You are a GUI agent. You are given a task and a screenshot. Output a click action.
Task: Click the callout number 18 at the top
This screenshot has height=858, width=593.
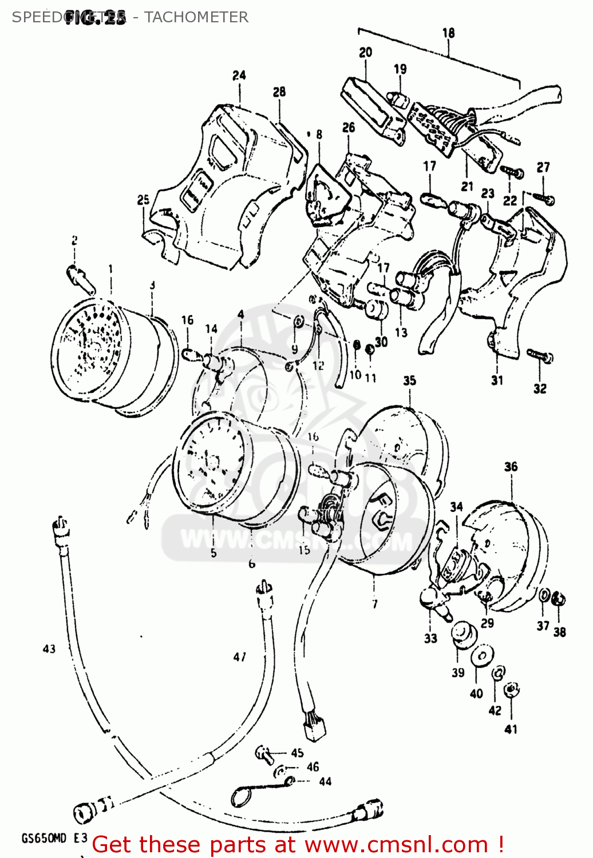click(x=448, y=33)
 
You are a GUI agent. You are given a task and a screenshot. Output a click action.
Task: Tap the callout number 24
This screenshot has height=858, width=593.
click(x=239, y=76)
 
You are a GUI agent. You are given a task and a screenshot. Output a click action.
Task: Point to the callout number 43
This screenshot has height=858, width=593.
click(x=49, y=649)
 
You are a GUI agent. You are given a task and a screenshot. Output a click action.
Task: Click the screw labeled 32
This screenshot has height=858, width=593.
click(x=539, y=356)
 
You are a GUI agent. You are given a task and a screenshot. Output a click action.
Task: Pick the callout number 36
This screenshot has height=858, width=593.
click(x=511, y=467)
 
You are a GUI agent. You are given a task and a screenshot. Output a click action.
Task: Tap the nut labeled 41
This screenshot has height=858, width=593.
click(x=513, y=690)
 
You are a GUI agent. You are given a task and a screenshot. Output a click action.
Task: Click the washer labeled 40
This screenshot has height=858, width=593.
click(x=483, y=656)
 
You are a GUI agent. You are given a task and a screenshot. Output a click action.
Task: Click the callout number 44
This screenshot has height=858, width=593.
click(x=325, y=781)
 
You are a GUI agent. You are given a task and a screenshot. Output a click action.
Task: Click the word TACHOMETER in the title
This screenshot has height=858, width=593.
click(x=196, y=17)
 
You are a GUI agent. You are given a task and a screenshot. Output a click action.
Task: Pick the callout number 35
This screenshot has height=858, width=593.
click(x=409, y=381)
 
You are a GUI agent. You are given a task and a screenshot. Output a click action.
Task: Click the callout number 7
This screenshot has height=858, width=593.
click(x=374, y=604)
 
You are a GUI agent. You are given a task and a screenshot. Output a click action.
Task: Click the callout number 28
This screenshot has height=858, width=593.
click(x=279, y=92)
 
